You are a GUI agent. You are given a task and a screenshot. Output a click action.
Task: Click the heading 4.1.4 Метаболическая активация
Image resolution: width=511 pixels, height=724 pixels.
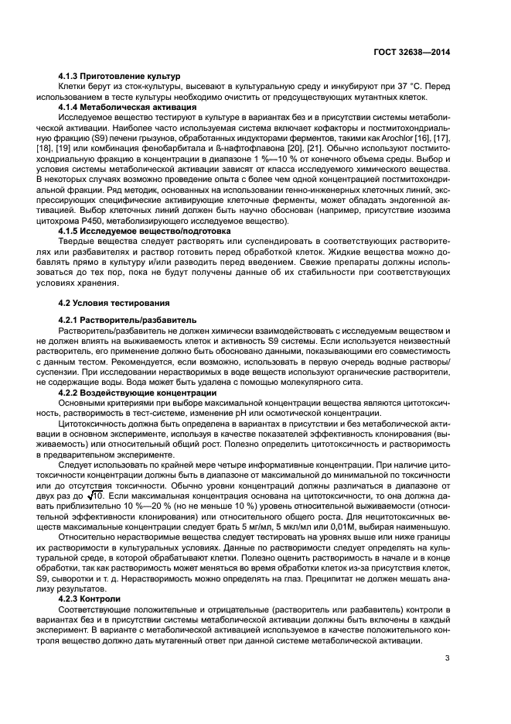click(x=127, y=106)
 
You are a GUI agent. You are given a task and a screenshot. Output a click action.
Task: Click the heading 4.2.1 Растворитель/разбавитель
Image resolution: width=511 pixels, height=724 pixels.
click(x=128, y=320)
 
